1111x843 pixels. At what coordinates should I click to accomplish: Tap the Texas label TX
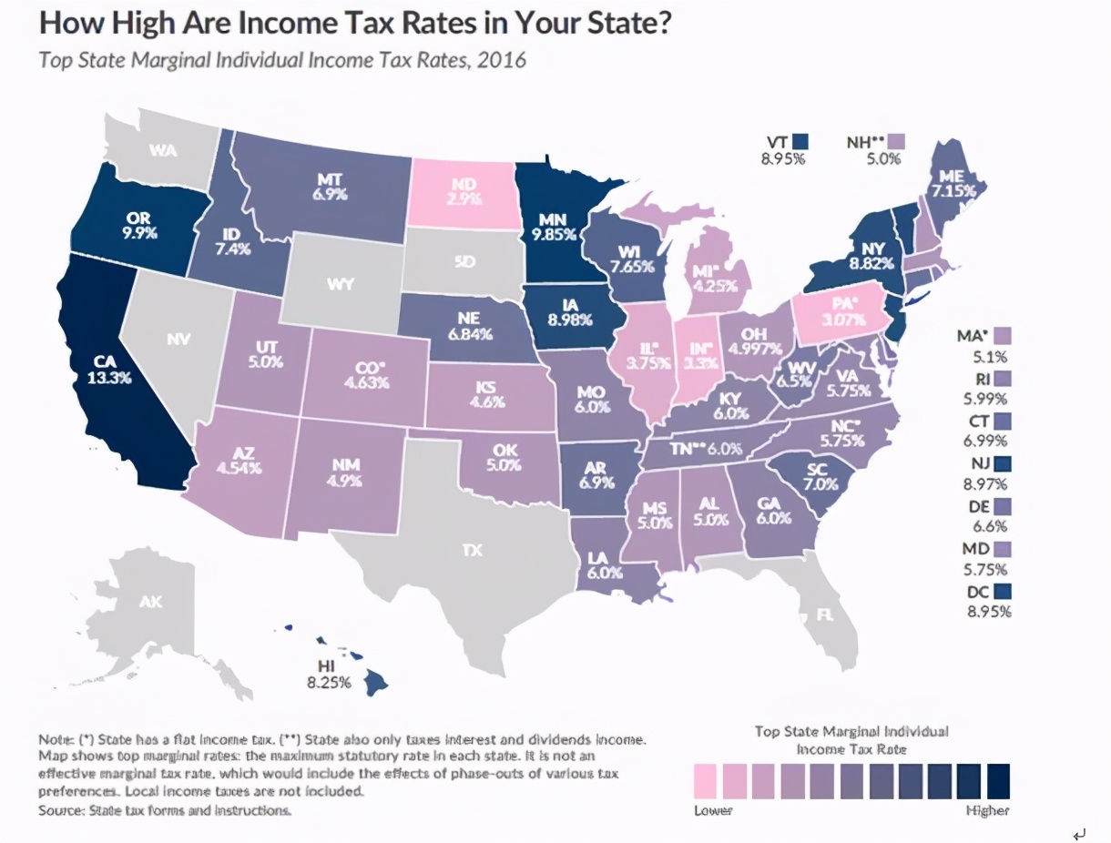[471, 550]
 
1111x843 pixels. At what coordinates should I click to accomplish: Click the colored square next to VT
[800, 142]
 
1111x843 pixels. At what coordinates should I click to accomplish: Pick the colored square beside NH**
[899, 142]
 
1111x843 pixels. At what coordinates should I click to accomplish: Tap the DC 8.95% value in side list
[987, 611]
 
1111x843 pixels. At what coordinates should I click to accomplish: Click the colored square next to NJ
[1004, 462]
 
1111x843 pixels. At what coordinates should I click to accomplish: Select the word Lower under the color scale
[713, 810]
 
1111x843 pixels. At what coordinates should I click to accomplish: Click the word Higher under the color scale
[987, 810]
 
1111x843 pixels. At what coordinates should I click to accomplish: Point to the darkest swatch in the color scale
[998, 780]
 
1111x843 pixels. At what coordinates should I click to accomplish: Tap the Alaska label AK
[150, 602]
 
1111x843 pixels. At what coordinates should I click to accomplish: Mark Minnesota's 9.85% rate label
[554, 233]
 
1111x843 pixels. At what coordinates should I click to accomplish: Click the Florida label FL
[825, 614]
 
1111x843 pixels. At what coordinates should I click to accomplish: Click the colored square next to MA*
[1004, 336]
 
